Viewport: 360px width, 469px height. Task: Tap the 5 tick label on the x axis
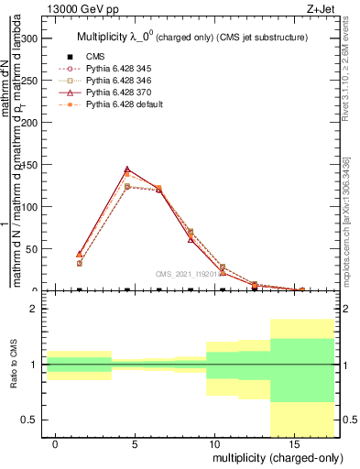pos(135,444)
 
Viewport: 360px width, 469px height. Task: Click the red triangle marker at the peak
pos(126,169)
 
